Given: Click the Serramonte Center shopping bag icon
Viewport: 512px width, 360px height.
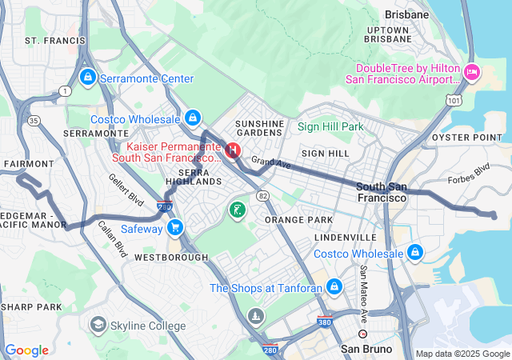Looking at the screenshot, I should click(x=87, y=78).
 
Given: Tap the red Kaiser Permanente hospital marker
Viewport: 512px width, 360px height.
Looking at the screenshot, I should click(x=233, y=150).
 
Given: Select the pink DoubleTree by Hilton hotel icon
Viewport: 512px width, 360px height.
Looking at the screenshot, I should click(x=472, y=72).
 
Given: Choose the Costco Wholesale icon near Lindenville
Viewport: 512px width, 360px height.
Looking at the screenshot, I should click(x=414, y=254).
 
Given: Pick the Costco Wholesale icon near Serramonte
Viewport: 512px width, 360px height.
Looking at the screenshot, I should click(x=191, y=119).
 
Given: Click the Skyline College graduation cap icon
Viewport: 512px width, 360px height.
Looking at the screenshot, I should click(x=98, y=324).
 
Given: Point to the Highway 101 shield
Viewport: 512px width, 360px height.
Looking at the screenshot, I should click(x=454, y=101).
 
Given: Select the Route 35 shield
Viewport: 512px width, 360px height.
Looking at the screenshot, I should click(x=34, y=121).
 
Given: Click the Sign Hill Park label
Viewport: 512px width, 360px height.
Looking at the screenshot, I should click(x=330, y=126).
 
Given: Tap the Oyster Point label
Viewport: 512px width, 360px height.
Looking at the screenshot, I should click(x=482, y=137).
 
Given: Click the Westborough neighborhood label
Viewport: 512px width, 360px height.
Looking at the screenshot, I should click(x=170, y=258).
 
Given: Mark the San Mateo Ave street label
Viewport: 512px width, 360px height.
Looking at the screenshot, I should click(x=364, y=284).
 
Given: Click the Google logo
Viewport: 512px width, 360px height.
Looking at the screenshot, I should click(x=27, y=350).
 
